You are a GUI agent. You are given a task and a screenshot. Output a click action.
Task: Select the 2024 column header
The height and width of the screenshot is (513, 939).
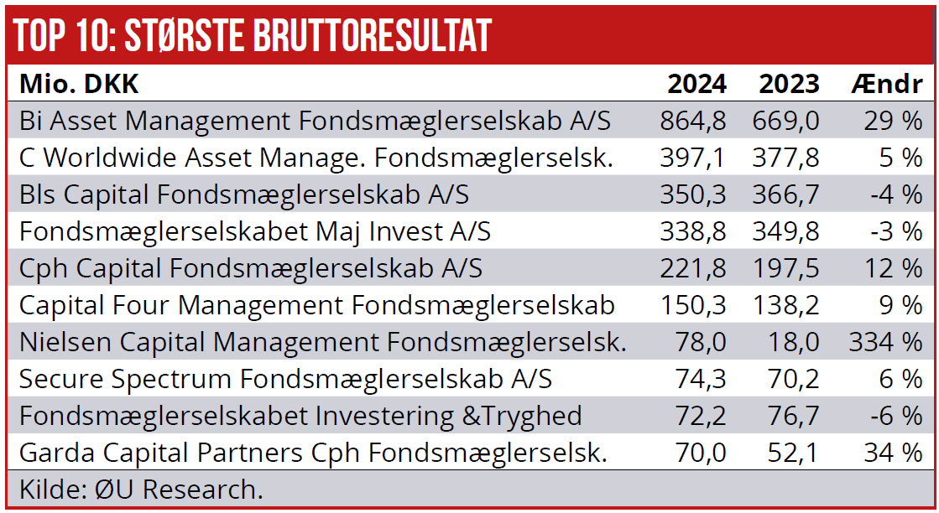pos(696,84)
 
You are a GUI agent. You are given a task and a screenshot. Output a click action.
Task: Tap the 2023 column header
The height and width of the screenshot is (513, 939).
pos(789,84)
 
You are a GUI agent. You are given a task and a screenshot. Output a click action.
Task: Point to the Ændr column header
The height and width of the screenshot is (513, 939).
pos(886,84)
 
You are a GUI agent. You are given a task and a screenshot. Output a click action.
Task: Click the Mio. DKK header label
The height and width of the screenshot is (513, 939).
pos(79,84)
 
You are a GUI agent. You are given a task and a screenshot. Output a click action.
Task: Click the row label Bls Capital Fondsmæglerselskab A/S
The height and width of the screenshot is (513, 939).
pos(243,194)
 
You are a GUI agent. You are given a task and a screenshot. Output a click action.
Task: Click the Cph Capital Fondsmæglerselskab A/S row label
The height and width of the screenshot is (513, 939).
pos(250,268)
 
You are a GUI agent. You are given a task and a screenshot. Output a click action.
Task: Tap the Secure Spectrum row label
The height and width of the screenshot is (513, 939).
pos(285,379)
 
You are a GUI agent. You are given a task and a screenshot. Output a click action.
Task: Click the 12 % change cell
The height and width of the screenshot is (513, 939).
pos(893,268)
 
